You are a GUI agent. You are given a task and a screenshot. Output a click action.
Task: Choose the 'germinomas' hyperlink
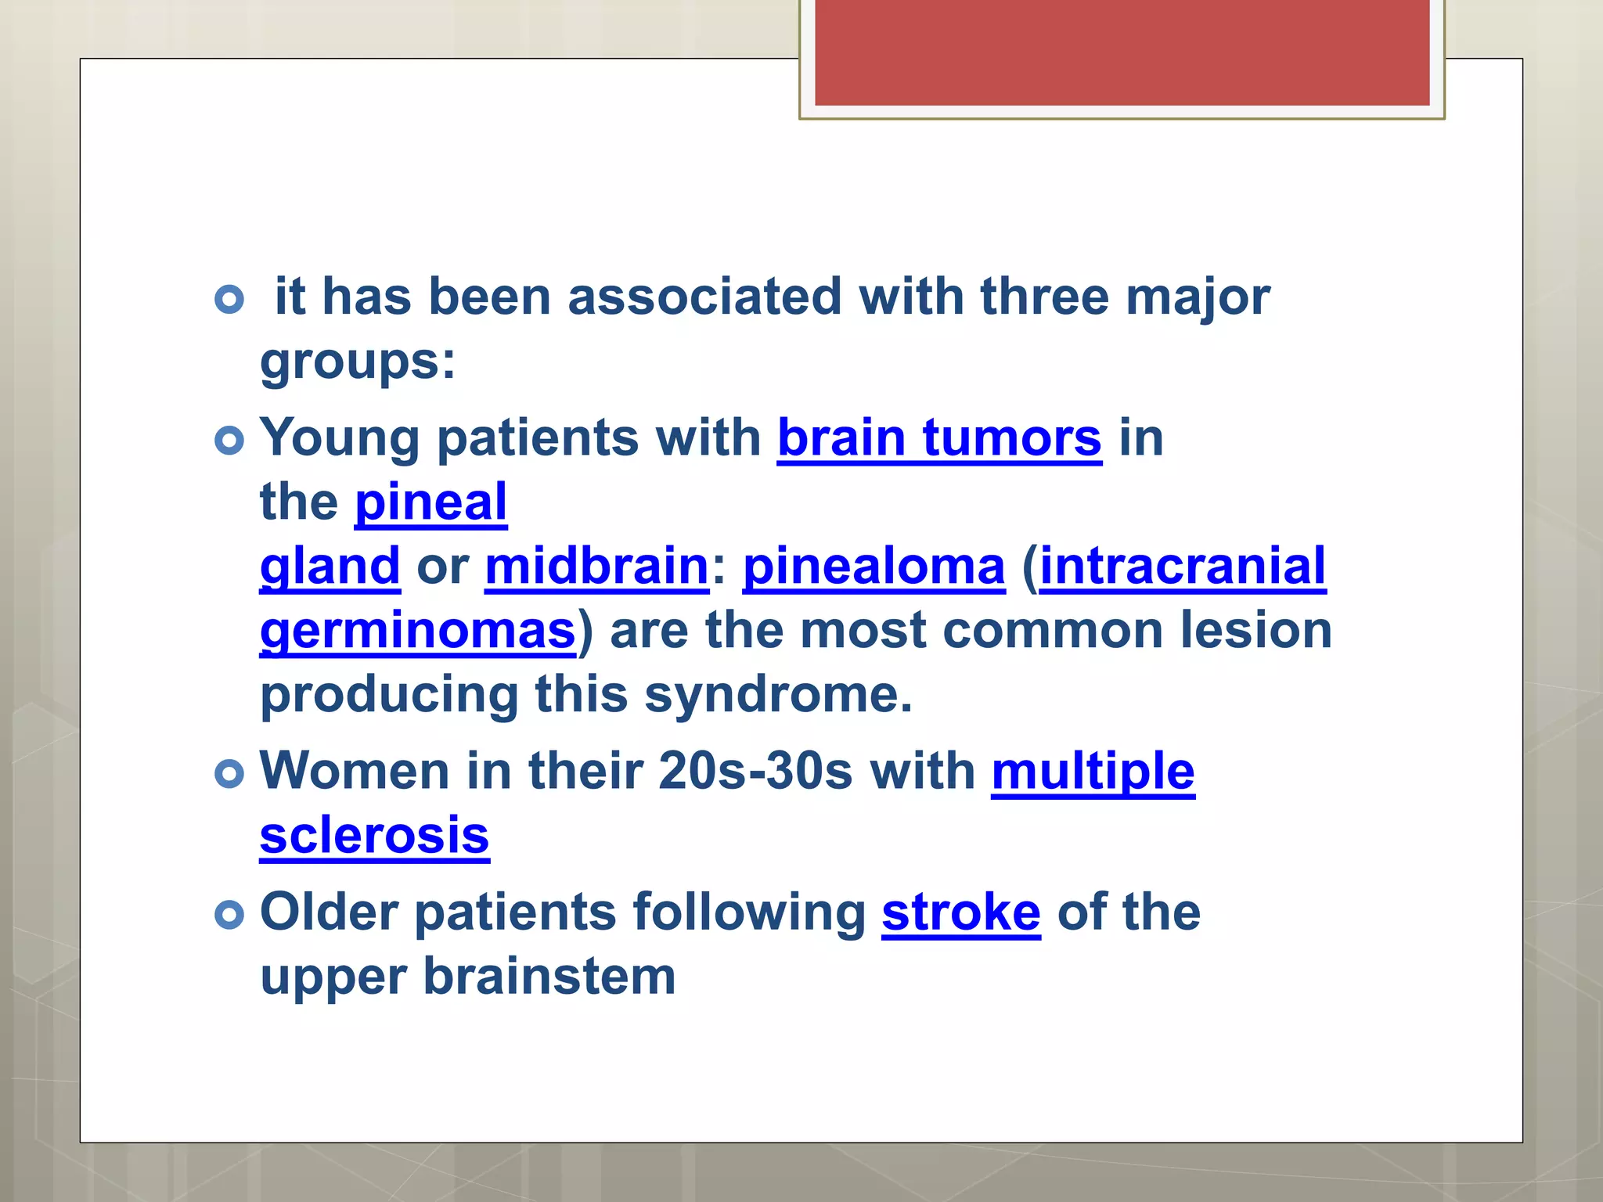point(418,630)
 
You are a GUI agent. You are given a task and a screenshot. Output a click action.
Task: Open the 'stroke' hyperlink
point(961,912)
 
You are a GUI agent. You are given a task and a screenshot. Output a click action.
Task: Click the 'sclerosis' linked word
point(374,836)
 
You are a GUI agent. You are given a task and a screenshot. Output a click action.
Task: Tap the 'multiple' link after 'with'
point(1093,772)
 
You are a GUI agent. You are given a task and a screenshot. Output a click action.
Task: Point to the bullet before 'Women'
point(229,774)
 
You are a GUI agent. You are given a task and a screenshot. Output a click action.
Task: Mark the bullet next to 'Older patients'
point(229,915)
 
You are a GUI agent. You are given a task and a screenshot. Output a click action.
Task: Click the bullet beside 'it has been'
point(229,299)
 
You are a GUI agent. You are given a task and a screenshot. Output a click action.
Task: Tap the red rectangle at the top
point(1122,52)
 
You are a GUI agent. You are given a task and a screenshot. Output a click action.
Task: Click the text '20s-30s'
point(755,772)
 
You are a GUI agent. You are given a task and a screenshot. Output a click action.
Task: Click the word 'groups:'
point(358,362)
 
